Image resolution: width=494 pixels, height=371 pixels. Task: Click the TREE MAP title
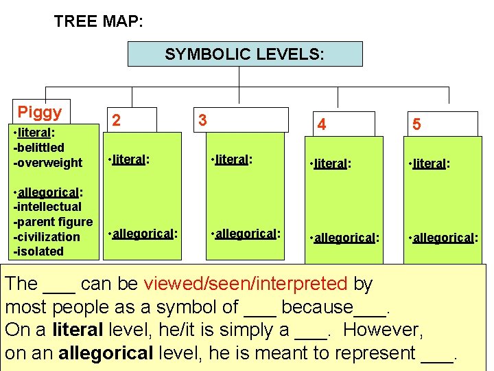(99, 21)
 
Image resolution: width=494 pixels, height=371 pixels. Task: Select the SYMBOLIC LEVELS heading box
(245, 54)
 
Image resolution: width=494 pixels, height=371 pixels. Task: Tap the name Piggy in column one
(40, 113)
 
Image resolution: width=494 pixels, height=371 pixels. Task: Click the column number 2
(117, 121)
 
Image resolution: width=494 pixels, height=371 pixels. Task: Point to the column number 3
(202, 120)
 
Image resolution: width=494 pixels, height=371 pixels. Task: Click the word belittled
(40, 147)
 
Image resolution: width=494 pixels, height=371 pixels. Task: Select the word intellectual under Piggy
(48, 206)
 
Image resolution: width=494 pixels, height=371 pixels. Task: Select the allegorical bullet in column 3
(247, 233)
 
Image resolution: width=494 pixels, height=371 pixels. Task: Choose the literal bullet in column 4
(332, 164)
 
